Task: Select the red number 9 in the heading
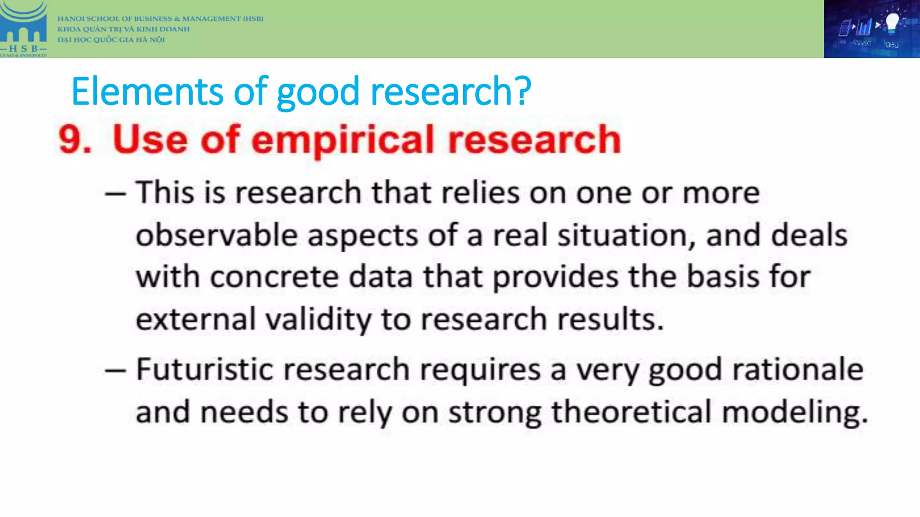[x=71, y=140]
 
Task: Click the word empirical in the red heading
[x=343, y=140]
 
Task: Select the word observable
[x=217, y=235]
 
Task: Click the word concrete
[x=274, y=276]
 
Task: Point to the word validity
[x=318, y=320]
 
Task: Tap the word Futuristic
[x=204, y=369]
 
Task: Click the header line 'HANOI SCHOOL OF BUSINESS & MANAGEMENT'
[x=160, y=19]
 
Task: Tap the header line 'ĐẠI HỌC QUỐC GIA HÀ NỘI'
[x=111, y=39]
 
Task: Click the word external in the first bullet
[x=195, y=320]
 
